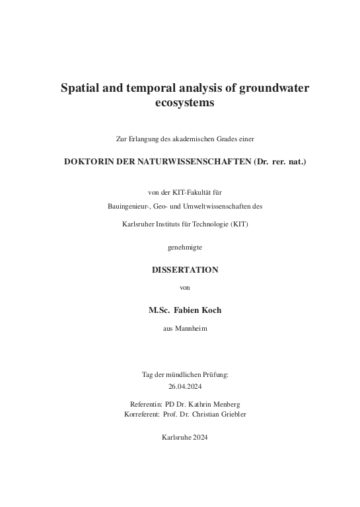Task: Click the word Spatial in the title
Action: click(79, 88)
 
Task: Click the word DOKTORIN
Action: click(88, 160)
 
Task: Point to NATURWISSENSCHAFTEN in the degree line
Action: click(192, 160)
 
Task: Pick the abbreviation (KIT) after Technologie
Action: click(240, 224)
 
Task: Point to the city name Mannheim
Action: click(191, 328)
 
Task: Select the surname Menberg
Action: click(223, 403)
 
